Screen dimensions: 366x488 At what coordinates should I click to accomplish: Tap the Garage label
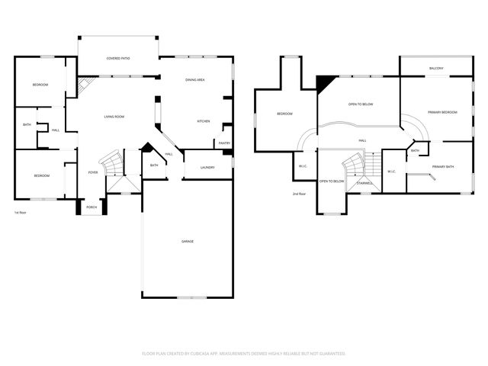[188, 241]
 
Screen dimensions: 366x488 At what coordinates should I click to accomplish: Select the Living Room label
[114, 117]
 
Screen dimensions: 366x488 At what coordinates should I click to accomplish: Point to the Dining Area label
[195, 80]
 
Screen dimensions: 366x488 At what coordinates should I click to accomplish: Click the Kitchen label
[204, 121]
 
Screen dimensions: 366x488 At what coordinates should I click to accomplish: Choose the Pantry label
[224, 143]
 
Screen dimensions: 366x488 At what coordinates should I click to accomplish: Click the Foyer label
[93, 172]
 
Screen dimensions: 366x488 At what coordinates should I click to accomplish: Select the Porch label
[91, 207]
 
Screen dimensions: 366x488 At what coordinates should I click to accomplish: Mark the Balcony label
[436, 69]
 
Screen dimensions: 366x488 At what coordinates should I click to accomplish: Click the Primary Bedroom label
[442, 112]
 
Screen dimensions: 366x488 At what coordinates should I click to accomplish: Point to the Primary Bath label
[443, 166]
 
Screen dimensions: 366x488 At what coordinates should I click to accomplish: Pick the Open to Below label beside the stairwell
[332, 181]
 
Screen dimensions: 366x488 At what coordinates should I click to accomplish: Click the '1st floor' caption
[21, 213]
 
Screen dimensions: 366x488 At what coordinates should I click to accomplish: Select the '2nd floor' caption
[300, 194]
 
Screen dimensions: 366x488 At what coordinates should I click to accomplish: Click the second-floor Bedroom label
[284, 114]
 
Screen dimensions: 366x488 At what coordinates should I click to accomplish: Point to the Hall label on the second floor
[362, 140]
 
